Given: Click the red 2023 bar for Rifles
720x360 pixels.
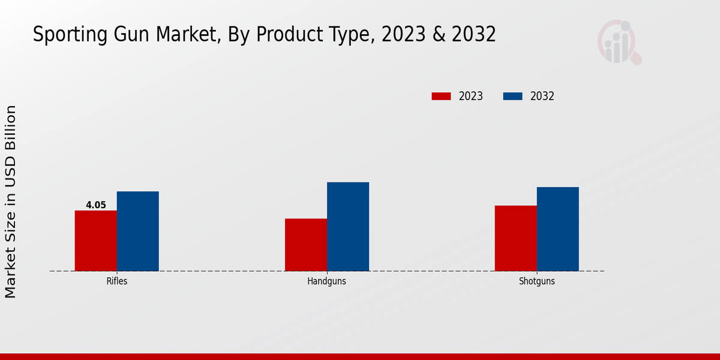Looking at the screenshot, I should pyautogui.click(x=96, y=241).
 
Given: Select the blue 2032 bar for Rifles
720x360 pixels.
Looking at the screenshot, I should pyautogui.click(x=138, y=231).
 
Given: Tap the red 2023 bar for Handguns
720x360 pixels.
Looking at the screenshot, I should pyautogui.click(x=306, y=245).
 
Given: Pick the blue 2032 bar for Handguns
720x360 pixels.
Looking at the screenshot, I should pyautogui.click(x=348, y=226).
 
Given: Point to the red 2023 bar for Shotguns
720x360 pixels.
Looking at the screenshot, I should pyautogui.click(x=516, y=238).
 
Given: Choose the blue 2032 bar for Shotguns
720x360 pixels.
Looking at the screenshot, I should pyautogui.click(x=558, y=229).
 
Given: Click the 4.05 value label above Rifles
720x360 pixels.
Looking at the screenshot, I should pyautogui.click(x=96, y=205).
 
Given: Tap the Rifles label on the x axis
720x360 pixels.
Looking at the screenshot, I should pyautogui.click(x=117, y=281).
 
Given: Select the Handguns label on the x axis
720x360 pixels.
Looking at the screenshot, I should pyautogui.click(x=327, y=281).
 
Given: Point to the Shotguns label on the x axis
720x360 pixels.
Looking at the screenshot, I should pyautogui.click(x=537, y=281).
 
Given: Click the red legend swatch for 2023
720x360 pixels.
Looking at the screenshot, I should pyautogui.click(x=441, y=96).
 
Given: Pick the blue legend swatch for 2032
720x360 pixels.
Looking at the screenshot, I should pyautogui.click(x=512, y=96).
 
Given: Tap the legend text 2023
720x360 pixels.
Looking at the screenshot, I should pyautogui.click(x=471, y=96).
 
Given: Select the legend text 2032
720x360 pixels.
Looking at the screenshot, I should pyautogui.click(x=542, y=96).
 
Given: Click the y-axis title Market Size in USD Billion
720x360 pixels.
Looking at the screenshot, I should pyautogui.click(x=11, y=202).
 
